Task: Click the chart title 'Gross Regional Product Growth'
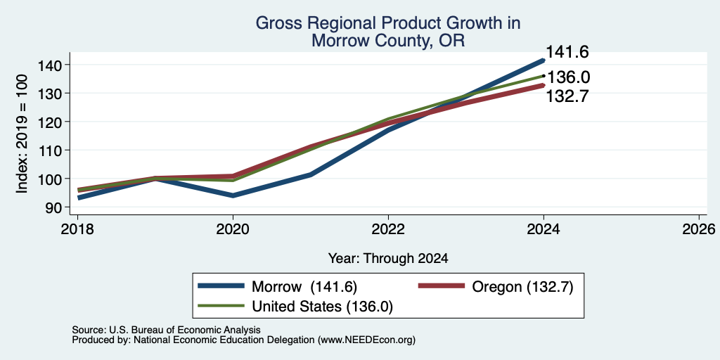(x=388, y=23)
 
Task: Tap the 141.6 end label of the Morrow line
(x=567, y=52)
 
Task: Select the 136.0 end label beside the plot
(x=569, y=77)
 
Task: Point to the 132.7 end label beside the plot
(x=567, y=96)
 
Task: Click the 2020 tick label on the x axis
(x=233, y=229)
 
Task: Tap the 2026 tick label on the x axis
(x=699, y=229)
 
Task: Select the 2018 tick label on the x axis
(x=77, y=229)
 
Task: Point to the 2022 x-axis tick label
(x=388, y=229)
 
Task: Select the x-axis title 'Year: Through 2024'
(x=388, y=259)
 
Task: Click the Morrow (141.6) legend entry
(x=277, y=287)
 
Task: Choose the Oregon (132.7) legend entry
(x=496, y=287)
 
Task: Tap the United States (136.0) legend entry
(x=295, y=307)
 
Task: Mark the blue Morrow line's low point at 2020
(x=233, y=195)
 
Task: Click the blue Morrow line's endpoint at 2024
(x=544, y=60)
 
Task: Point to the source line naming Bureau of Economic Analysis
(x=166, y=330)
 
